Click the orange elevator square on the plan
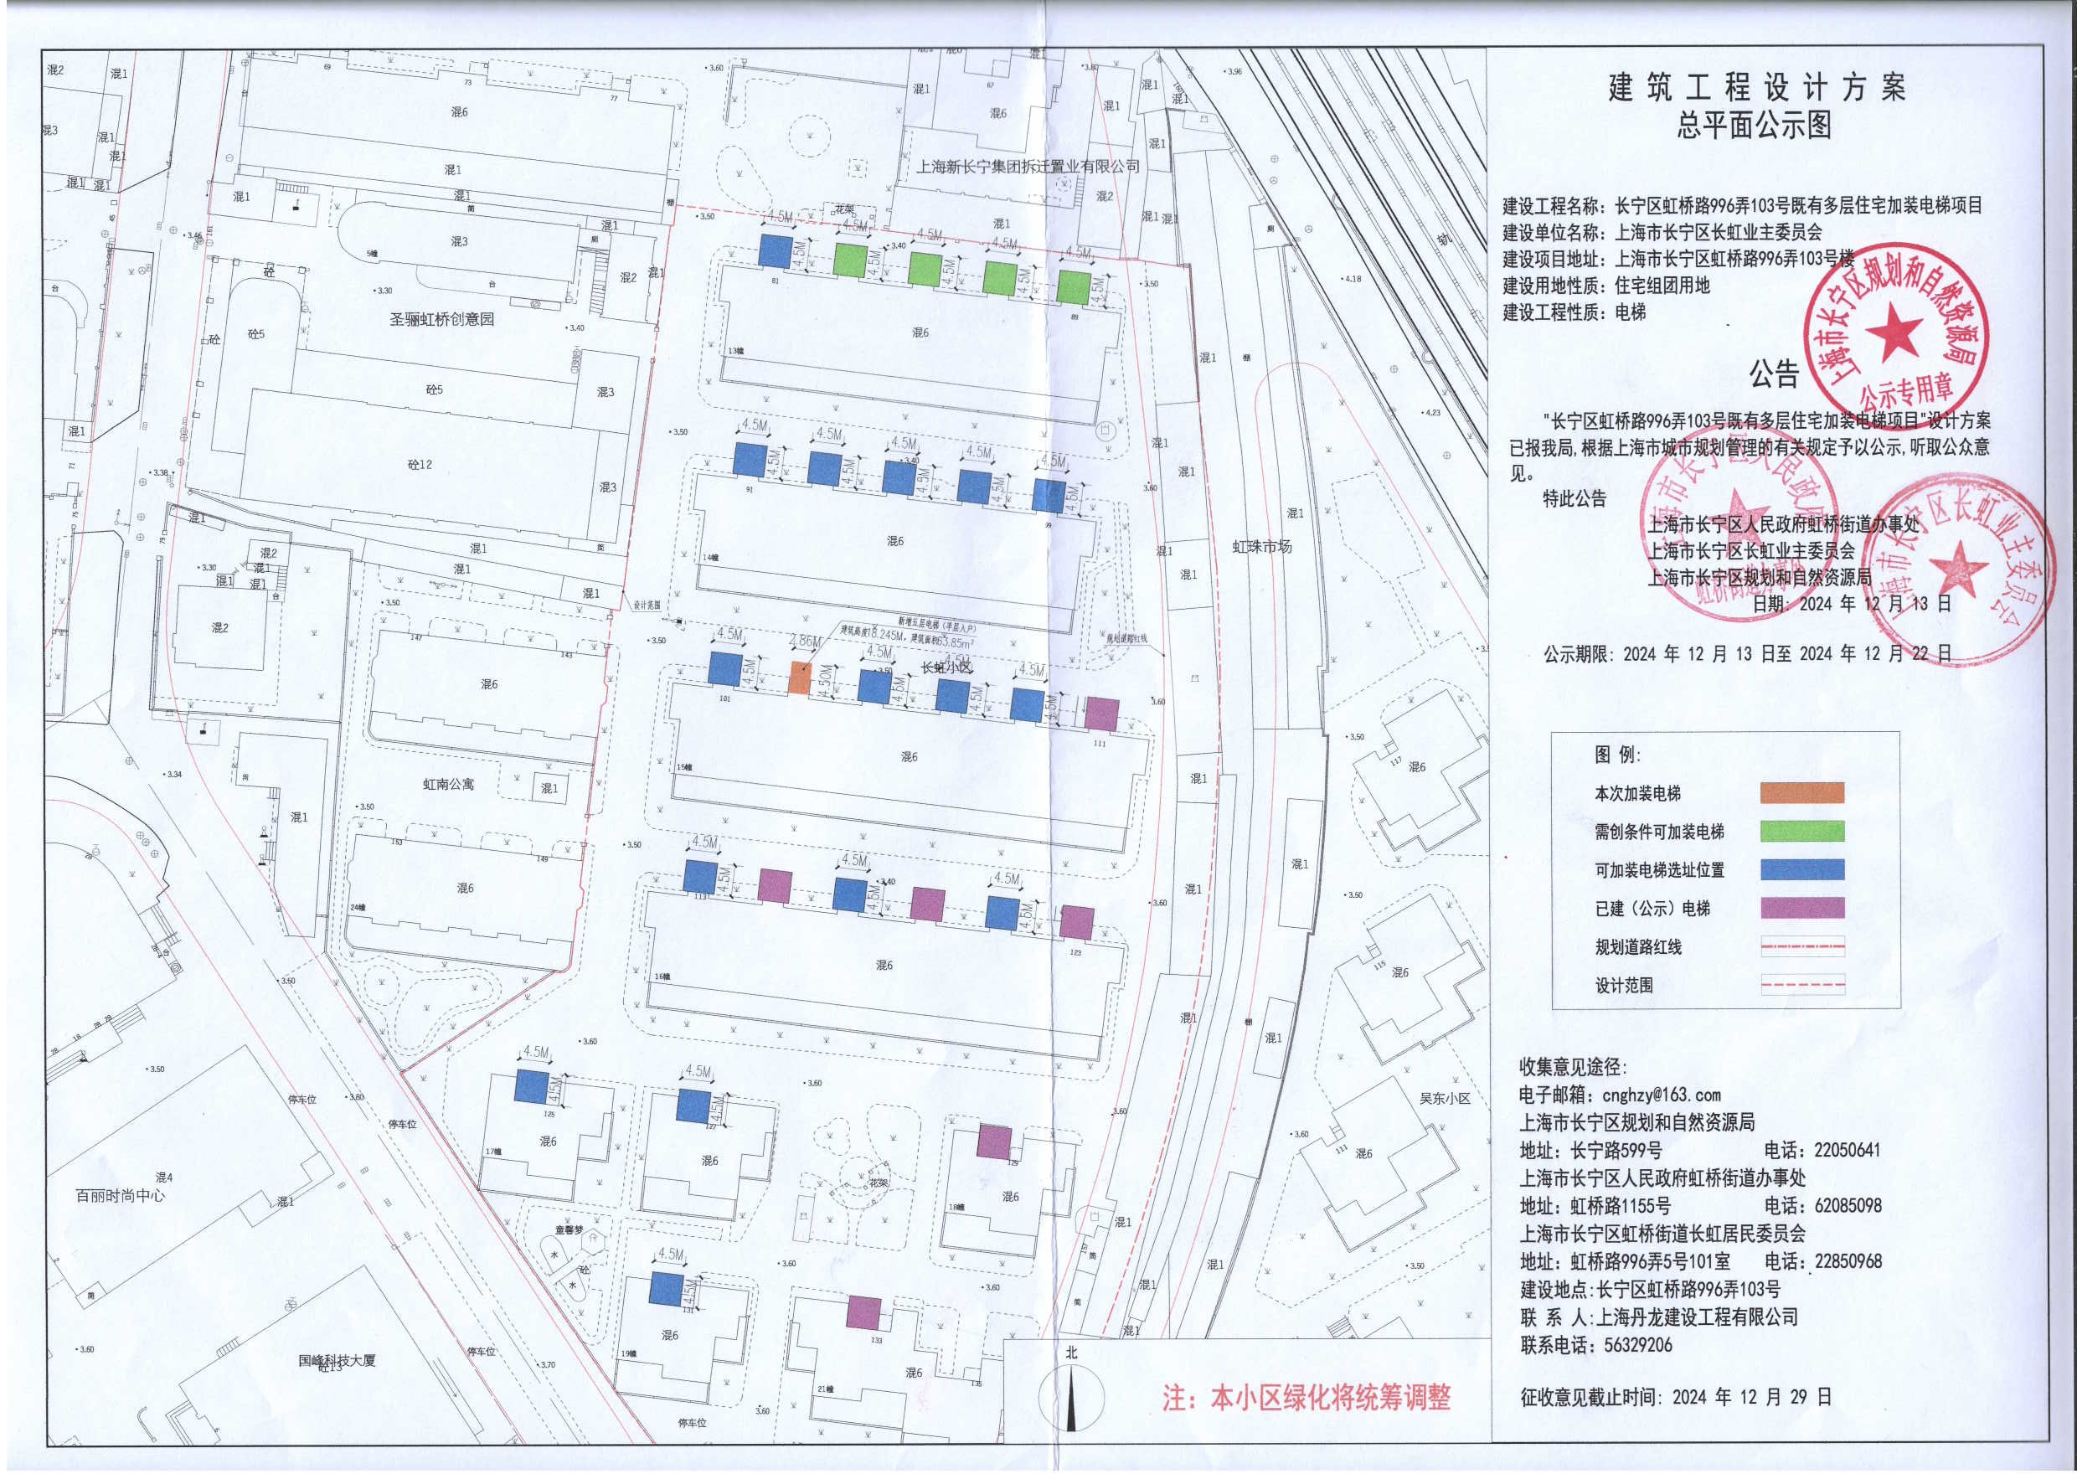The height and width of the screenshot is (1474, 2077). tap(798, 679)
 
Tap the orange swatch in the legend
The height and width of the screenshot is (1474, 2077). tap(1801, 793)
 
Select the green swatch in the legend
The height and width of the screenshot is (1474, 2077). tap(1801, 832)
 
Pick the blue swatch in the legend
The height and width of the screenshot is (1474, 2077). tap(1801, 869)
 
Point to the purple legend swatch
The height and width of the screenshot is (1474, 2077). tap(1801, 908)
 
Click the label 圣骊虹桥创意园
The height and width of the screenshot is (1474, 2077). tap(442, 319)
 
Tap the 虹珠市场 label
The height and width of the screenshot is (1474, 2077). tap(1261, 546)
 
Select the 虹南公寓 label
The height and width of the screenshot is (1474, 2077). tap(448, 784)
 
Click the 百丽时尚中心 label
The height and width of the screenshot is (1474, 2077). tap(121, 1196)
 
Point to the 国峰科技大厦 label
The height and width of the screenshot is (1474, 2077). tap(337, 1361)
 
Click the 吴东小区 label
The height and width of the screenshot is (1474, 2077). tap(1445, 1098)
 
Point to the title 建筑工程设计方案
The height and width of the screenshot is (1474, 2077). tap(1757, 88)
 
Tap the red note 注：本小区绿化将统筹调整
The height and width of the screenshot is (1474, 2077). tap(1306, 1399)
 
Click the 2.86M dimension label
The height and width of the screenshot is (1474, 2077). tap(804, 642)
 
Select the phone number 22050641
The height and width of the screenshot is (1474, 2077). tap(1848, 1150)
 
